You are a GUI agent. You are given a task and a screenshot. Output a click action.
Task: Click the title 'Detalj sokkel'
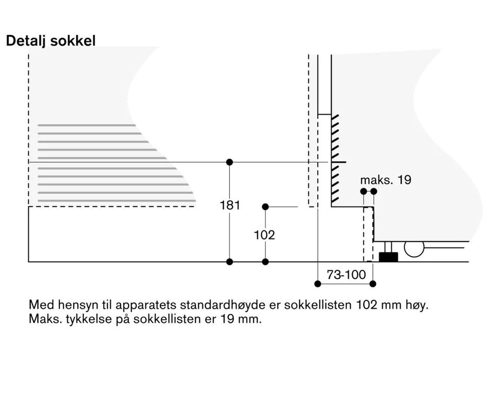pyautogui.click(x=51, y=41)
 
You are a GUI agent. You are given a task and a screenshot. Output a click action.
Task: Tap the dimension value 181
pyautogui.click(x=230, y=206)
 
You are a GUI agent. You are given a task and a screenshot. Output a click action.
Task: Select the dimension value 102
pyautogui.click(x=264, y=235)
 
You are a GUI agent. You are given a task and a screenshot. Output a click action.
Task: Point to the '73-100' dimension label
pyautogui.click(x=346, y=275)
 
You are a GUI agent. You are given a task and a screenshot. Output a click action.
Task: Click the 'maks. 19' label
pyautogui.click(x=385, y=180)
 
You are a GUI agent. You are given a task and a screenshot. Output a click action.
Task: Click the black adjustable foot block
pyautogui.click(x=389, y=257)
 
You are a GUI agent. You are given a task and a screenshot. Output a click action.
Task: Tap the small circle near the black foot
pyautogui.click(x=414, y=248)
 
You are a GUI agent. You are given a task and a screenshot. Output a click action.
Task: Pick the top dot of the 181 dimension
pyautogui.click(x=230, y=162)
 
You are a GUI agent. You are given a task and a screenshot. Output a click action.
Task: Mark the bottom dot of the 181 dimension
pyautogui.click(x=230, y=262)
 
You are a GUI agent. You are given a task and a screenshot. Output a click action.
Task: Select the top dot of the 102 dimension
pyautogui.click(x=265, y=207)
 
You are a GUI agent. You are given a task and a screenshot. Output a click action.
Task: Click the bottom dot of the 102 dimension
pyautogui.click(x=265, y=262)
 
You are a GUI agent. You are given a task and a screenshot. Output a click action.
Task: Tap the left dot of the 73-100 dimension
pyautogui.click(x=317, y=284)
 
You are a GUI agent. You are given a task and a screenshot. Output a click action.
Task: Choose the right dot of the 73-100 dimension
pyautogui.click(x=373, y=284)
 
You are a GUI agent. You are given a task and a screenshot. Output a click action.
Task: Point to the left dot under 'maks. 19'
pyautogui.click(x=364, y=191)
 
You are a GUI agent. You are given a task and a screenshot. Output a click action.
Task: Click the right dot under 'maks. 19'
pyautogui.click(x=374, y=191)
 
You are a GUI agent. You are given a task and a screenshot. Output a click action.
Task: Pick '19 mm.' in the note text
pyautogui.click(x=245, y=319)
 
